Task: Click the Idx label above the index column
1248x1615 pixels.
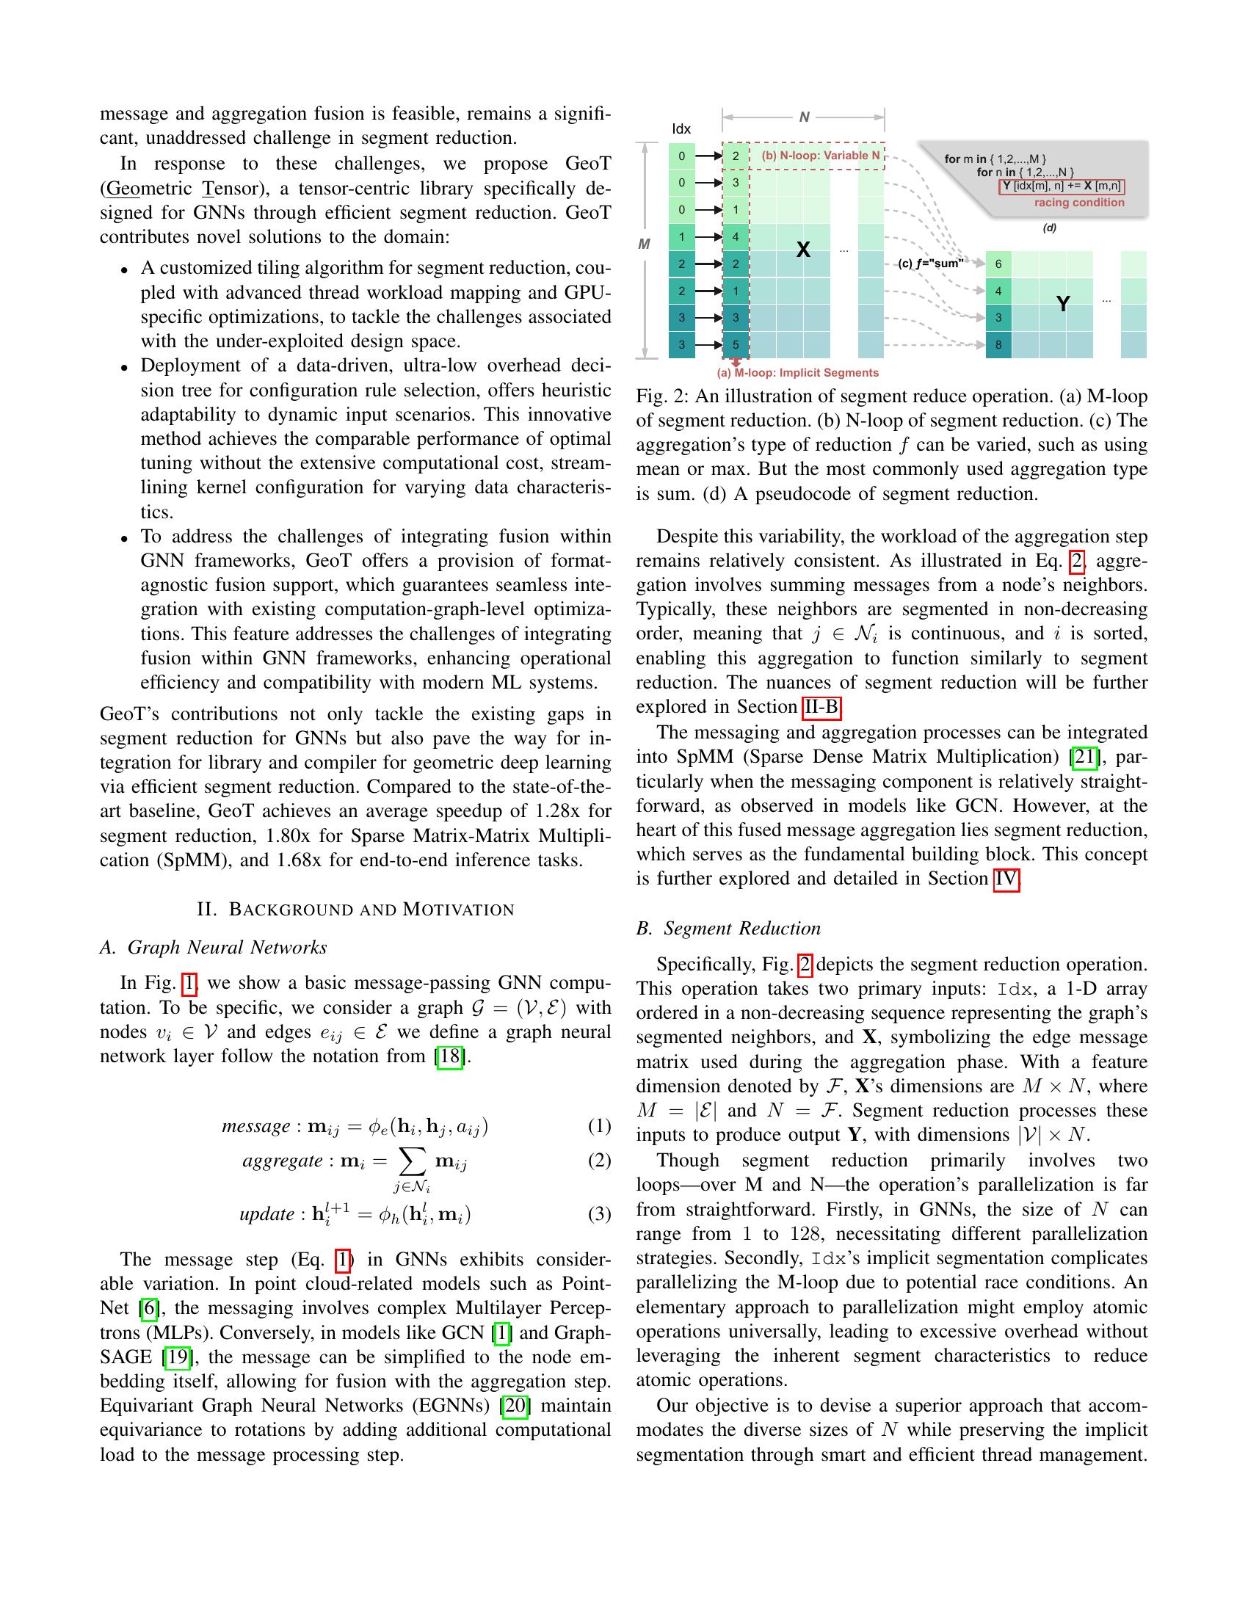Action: (681, 128)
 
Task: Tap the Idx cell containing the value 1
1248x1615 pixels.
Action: (682, 237)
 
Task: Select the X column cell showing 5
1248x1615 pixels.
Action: (736, 344)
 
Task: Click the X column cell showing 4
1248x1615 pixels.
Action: (736, 237)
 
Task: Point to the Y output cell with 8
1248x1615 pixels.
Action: (998, 344)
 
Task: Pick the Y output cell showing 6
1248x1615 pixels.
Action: (998, 264)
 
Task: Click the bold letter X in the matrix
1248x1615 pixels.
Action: (803, 250)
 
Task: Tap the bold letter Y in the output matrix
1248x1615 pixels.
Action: (1062, 304)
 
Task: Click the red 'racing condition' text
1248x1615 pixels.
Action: (1078, 203)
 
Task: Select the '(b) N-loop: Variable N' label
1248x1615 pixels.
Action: (821, 156)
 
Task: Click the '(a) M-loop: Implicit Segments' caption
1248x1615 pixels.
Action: (798, 374)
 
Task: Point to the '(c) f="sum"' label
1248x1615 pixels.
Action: (930, 264)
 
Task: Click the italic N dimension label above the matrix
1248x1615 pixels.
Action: (805, 117)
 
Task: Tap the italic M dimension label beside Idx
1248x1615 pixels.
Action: (644, 244)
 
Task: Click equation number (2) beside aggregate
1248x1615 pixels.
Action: (599, 1159)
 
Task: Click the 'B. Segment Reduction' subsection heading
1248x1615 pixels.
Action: (728, 929)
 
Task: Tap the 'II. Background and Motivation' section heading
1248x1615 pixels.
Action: (355, 910)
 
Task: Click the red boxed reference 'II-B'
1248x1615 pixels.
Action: (821, 708)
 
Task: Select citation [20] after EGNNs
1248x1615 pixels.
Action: (515, 1406)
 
